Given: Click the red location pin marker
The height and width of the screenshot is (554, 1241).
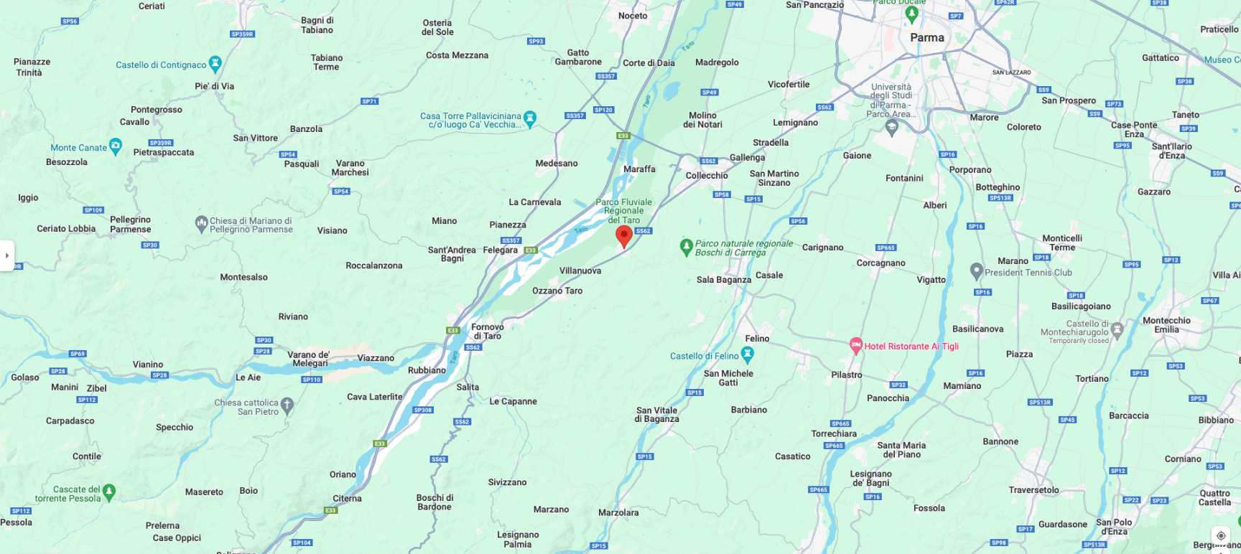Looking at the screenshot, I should pos(624,235).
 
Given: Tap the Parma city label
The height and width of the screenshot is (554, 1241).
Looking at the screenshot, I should pos(927,38).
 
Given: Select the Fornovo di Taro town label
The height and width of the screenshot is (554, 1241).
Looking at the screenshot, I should pos(488,332).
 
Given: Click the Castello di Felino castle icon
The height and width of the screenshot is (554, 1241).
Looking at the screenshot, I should pos(748,354).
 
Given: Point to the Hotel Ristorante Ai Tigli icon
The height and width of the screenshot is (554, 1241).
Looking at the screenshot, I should pos(855,345).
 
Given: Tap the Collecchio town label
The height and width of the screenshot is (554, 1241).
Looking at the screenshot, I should pos(707,176).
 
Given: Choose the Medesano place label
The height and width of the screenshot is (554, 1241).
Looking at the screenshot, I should pos(557,164).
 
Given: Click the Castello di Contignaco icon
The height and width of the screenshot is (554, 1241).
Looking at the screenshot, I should pos(215,64).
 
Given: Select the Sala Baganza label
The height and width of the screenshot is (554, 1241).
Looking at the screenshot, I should pos(723,280).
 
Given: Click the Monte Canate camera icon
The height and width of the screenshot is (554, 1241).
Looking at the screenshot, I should pos(115,146).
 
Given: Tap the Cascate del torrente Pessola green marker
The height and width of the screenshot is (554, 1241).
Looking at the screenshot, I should pos(109,492).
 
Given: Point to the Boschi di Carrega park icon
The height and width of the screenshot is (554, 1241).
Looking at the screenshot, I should pos(686,247).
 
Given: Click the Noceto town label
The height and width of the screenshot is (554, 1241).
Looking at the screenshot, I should pos(633,16).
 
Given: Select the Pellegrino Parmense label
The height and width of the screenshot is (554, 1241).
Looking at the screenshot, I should pos(130,225).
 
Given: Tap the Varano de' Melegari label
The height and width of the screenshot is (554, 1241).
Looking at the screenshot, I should pos(310,359).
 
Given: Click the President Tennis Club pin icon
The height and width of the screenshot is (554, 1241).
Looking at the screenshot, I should pos(976,271).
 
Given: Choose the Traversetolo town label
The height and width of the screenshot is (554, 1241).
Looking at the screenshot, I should pos(1033,490).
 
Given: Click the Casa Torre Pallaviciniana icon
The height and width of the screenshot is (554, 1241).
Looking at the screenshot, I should pos(530,118).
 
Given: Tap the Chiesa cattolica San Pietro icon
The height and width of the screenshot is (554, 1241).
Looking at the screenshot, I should pos(287,405).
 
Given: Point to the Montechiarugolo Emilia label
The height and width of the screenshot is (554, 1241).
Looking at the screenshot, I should pos(1166,325).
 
